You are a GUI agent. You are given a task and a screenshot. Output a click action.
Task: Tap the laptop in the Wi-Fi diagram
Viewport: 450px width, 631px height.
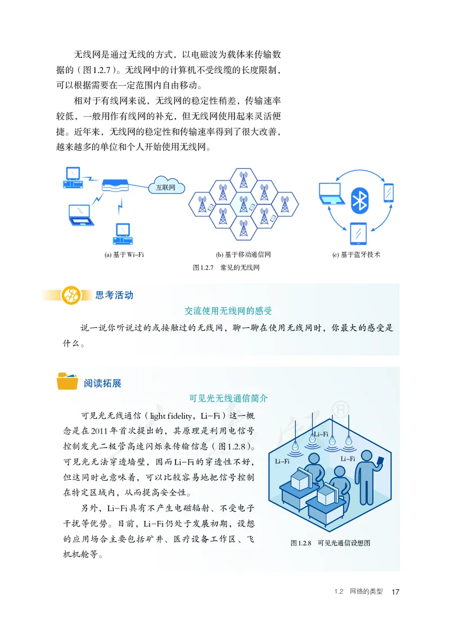click(78, 214)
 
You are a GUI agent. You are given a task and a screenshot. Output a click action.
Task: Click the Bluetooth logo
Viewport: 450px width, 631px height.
click(358, 201)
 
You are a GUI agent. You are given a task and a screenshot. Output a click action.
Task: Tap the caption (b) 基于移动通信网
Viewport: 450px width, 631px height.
click(244, 255)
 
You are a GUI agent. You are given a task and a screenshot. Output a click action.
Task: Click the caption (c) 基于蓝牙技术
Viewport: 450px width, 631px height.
click(356, 255)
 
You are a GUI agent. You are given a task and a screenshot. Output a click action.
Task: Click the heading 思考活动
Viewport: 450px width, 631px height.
click(114, 295)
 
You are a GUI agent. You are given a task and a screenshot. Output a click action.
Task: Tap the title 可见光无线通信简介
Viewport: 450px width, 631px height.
click(228, 398)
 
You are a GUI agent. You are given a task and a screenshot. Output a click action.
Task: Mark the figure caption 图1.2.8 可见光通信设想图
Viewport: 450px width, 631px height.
click(330, 543)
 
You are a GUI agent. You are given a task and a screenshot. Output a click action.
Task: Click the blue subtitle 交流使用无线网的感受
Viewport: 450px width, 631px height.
click(228, 310)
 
